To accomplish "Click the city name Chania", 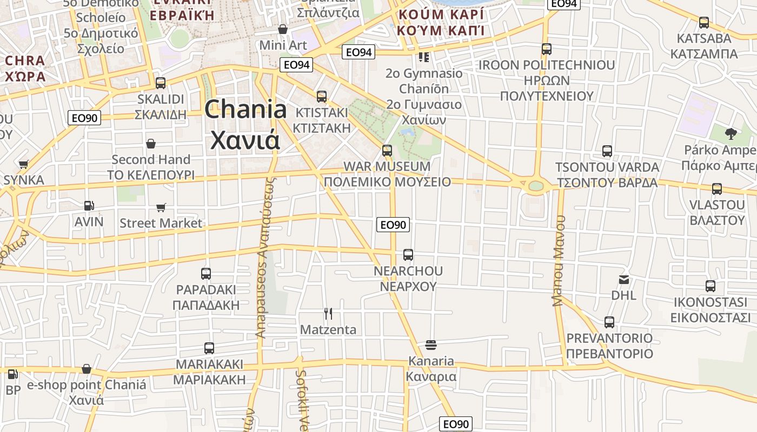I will (x=246, y=110).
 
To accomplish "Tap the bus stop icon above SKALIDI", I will (x=161, y=83).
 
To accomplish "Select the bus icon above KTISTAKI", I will (x=322, y=97).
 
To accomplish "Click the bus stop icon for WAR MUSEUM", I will (x=387, y=150).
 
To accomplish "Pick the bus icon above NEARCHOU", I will (x=408, y=254).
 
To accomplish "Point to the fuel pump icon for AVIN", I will (x=89, y=206).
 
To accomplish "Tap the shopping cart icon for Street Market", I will (x=161, y=207).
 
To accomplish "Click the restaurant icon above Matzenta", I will (x=328, y=314).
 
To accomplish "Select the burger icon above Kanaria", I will (x=431, y=345).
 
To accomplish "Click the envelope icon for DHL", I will (x=624, y=280).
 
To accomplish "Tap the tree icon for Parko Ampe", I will (x=731, y=133).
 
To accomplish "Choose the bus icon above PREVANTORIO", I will (x=609, y=322).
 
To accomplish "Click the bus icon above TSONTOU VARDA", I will (x=607, y=151).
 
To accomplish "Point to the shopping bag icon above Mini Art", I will (x=282, y=29).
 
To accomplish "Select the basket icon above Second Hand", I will (x=151, y=144).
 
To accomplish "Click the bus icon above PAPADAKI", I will (x=205, y=274).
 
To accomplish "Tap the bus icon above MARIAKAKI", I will (x=209, y=348).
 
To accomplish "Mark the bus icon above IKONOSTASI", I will (x=710, y=286).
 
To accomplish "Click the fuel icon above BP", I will (x=12, y=374).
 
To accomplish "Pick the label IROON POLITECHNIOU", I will (x=547, y=65).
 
